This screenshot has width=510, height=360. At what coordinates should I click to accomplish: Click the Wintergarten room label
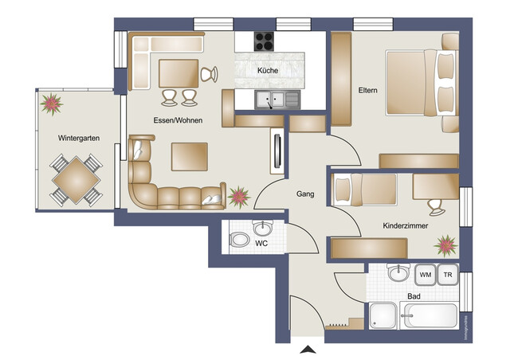point(78,138)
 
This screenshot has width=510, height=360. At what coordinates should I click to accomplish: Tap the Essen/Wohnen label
point(178,120)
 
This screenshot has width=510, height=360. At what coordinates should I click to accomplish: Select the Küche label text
point(267,71)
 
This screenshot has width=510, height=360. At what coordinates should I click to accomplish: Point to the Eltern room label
point(367,90)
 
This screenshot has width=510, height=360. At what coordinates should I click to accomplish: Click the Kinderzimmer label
point(406,227)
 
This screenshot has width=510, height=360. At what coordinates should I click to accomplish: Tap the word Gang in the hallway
point(305,194)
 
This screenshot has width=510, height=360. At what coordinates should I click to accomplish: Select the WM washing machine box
point(425,275)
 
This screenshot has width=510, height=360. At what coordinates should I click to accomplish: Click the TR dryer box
point(448,275)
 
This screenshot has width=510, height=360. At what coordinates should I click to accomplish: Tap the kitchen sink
point(277,100)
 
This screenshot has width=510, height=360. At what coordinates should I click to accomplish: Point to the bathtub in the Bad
point(429,316)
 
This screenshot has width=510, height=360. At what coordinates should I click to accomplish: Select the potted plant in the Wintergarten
point(53,103)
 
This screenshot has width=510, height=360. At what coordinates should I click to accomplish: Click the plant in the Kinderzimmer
point(445,242)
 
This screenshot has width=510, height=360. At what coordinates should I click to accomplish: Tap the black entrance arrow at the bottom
point(306,350)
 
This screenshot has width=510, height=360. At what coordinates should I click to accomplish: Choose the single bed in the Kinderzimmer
point(365,190)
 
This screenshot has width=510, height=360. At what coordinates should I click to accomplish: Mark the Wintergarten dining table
point(76,180)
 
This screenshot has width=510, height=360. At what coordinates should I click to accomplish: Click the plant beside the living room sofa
point(237,196)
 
